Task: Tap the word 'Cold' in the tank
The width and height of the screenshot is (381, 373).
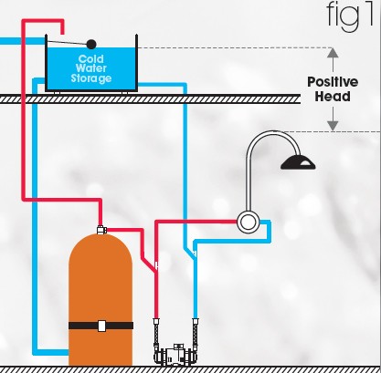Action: coord(90,58)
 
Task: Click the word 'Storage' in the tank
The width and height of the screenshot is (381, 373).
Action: coord(90,78)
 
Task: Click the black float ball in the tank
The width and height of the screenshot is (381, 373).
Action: coord(90,43)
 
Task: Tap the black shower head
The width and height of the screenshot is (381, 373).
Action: coord(299,163)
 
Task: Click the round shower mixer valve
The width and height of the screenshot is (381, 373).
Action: coord(246,221)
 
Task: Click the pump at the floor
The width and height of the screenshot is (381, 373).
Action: coord(175,354)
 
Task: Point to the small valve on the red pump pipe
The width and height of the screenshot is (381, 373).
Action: coord(157,265)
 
